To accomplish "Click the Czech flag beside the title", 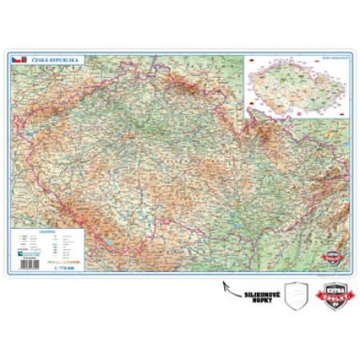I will click(15, 60).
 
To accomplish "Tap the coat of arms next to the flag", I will click(23, 60).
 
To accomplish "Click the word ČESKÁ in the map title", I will click(40, 60).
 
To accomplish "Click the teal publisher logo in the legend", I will click(24, 253).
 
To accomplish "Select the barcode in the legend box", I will click(24, 259).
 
